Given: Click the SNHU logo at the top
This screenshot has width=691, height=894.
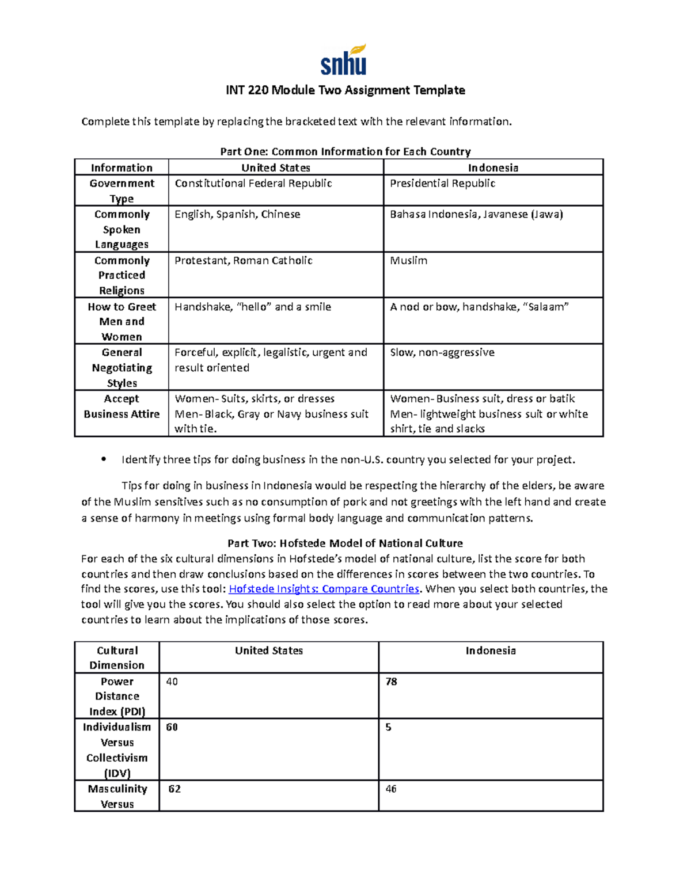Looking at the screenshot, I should (x=344, y=60).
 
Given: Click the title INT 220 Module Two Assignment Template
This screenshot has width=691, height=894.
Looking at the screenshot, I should (x=345, y=90).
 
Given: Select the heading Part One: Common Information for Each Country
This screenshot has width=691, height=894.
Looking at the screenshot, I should (x=345, y=151).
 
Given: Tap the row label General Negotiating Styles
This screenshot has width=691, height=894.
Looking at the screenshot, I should (x=122, y=367).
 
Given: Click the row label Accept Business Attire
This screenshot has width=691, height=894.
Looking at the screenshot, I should (x=122, y=406).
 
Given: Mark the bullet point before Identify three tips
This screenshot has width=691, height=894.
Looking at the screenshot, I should (x=104, y=459).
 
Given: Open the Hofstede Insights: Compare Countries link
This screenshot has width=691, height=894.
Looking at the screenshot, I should (x=324, y=589).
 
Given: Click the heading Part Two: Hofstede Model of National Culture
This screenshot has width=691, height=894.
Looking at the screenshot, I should (x=345, y=543).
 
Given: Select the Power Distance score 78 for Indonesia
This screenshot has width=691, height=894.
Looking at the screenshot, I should (x=392, y=682).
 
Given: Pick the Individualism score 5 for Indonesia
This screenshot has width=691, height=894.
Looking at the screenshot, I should (x=389, y=728).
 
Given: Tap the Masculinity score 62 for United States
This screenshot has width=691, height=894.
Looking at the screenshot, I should (x=174, y=789).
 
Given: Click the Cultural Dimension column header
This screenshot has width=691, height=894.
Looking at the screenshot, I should (x=117, y=657).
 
